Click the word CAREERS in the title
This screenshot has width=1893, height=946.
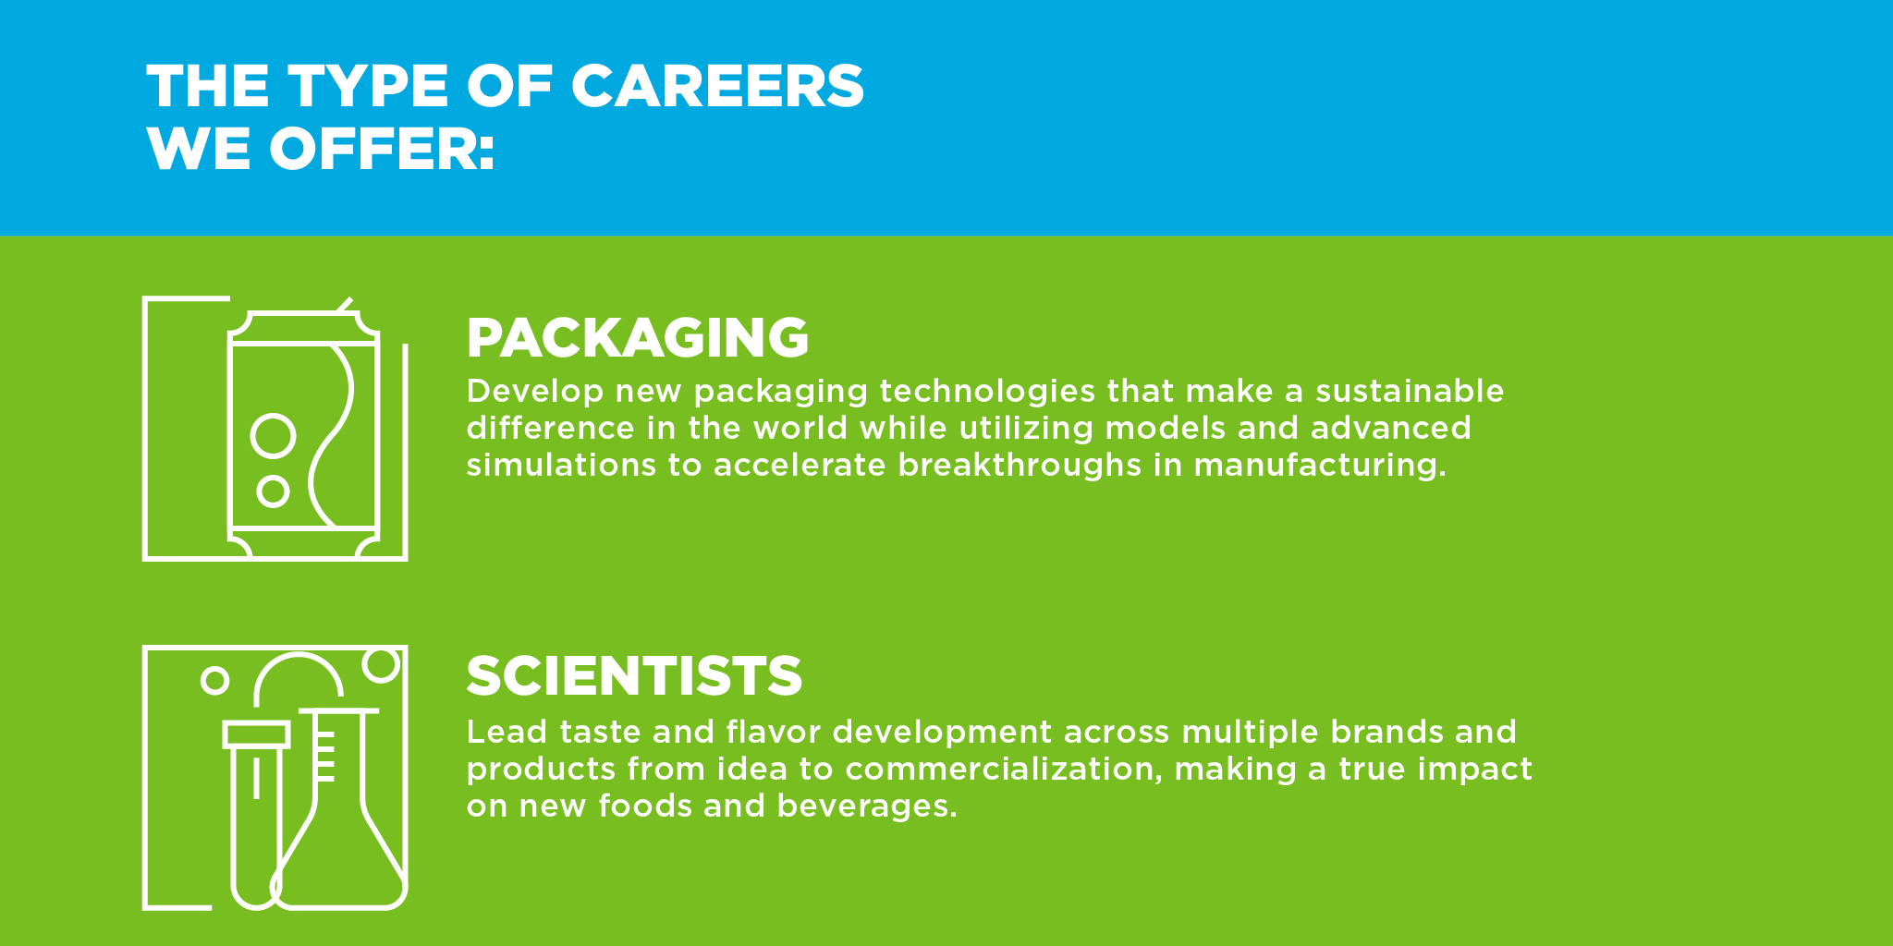tap(717, 86)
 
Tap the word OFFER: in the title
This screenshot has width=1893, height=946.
tap(382, 149)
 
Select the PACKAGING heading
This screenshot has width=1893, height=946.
tap(638, 337)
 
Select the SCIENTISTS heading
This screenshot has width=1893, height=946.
tap(634, 675)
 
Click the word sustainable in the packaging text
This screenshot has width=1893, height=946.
tap(1410, 391)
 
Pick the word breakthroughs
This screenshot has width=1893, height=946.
tap(1020, 465)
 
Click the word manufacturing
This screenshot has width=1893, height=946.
tap(1319, 465)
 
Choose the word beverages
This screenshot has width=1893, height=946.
tap(867, 807)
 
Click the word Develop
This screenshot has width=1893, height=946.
tap(535, 392)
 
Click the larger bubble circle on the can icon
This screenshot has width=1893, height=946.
tap(274, 415)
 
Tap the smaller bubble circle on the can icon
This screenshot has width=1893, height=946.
tap(273, 477)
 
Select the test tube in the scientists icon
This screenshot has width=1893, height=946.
tap(256, 734)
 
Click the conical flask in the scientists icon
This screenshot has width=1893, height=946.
tap(339, 709)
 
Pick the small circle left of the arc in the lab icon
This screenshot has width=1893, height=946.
tap(214, 668)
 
